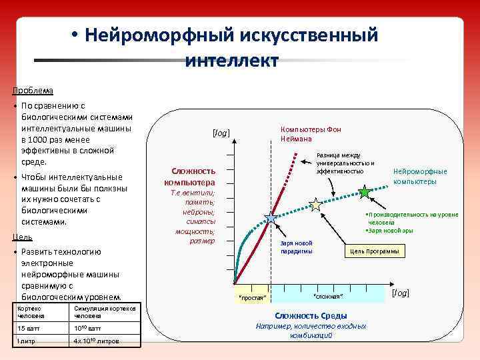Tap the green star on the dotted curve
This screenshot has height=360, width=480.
coord(364,192)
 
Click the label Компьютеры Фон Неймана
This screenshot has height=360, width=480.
coord(311,133)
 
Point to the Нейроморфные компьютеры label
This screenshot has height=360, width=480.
coord(420,176)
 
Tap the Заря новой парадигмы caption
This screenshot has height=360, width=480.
coord(296,247)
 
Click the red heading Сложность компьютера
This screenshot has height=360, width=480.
coord(194,177)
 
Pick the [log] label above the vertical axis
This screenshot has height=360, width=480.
coord(221,133)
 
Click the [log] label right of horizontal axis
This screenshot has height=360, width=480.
coord(401,293)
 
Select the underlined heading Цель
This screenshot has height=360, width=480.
coord(23,237)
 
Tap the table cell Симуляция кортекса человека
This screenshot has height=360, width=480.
coord(104,312)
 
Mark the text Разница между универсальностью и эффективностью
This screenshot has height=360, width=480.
coord(345,163)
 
